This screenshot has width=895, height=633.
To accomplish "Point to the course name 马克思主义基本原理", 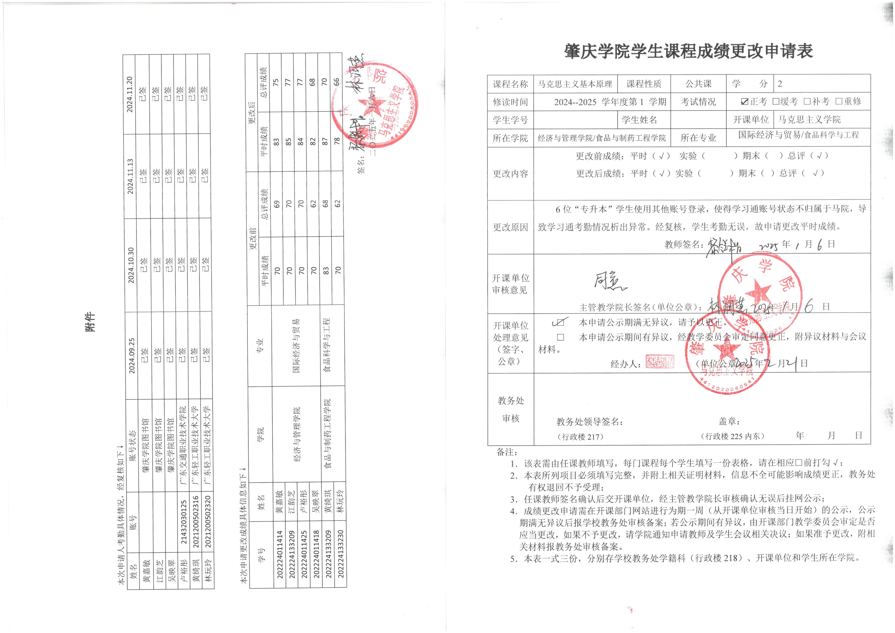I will [575, 84].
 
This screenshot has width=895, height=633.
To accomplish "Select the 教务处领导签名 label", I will [589, 422].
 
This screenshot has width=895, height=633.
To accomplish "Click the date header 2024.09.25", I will [132, 355].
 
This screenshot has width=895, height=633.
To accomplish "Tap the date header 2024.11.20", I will [130, 95].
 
